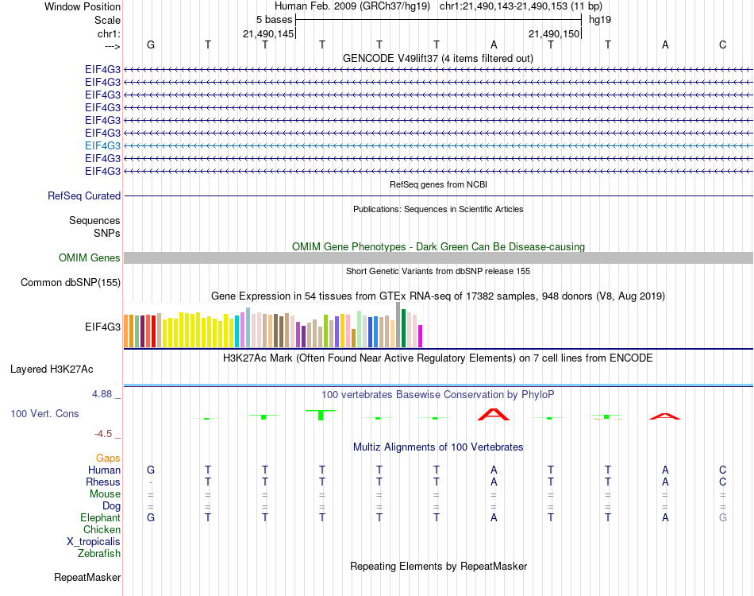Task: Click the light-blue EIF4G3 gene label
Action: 102,145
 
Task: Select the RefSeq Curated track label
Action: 84,195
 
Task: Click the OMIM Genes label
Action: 90,257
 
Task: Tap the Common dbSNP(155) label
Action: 71,282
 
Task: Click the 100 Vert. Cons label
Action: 44,413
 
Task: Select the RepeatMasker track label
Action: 87,577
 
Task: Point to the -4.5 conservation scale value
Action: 103,434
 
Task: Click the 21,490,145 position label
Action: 268,33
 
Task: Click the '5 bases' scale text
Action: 274,19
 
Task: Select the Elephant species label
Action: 100,517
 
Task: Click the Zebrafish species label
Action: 99,553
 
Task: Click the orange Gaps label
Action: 108,458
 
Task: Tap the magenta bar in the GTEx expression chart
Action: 421,335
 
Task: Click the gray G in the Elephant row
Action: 722,517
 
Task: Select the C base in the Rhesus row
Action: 722,482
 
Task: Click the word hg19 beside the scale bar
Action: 599,19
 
